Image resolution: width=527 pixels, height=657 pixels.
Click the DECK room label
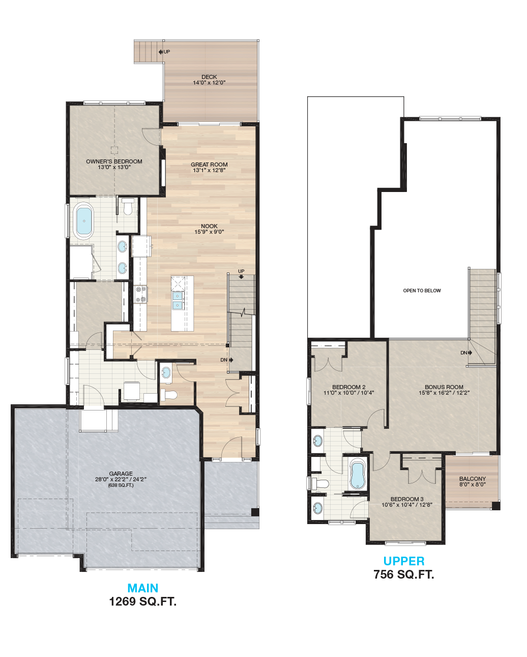click(x=209, y=77)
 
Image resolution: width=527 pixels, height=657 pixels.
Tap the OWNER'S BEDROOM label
click(x=114, y=161)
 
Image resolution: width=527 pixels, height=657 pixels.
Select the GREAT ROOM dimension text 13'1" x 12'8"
click(x=209, y=170)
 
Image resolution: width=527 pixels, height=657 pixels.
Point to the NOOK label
click(x=209, y=226)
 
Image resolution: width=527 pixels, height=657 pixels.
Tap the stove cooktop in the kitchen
click(x=140, y=294)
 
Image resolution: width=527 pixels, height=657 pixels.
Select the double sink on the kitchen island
click(x=178, y=300)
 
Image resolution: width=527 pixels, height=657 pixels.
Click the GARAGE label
click(x=121, y=474)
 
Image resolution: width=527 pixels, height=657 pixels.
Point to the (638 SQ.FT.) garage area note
click(x=121, y=485)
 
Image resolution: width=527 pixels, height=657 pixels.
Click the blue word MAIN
click(x=143, y=588)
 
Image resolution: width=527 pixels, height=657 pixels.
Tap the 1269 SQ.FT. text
click(x=143, y=601)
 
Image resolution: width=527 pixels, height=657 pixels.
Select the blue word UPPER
click(x=404, y=561)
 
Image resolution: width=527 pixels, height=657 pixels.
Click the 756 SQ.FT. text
click(x=404, y=574)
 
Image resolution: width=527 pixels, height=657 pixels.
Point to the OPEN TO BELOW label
click(x=422, y=291)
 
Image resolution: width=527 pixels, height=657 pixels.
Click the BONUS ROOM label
click(x=444, y=387)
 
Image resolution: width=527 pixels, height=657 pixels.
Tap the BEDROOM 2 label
click(x=348, y=387)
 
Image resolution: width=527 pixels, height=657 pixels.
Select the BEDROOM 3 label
click(x=407, y=499)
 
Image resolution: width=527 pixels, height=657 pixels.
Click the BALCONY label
click(x=473, y=479)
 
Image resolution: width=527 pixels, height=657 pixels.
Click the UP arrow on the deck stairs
click(x=161, y=52)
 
